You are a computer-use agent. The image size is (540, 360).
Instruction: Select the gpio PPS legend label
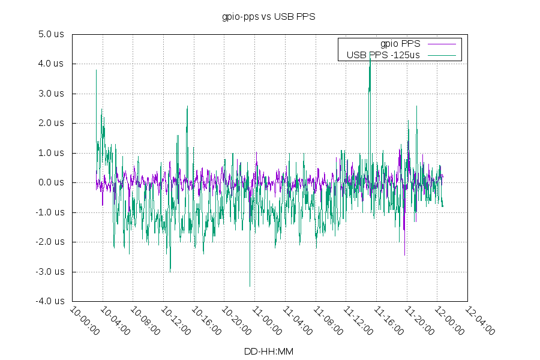(x=400, y=44)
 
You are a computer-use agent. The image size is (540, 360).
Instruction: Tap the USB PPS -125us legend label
(x=383, y=55)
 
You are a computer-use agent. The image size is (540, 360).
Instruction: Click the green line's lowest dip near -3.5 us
(x=250, y=286)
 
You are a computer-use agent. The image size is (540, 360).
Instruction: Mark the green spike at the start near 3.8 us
(x=96, y=71)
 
